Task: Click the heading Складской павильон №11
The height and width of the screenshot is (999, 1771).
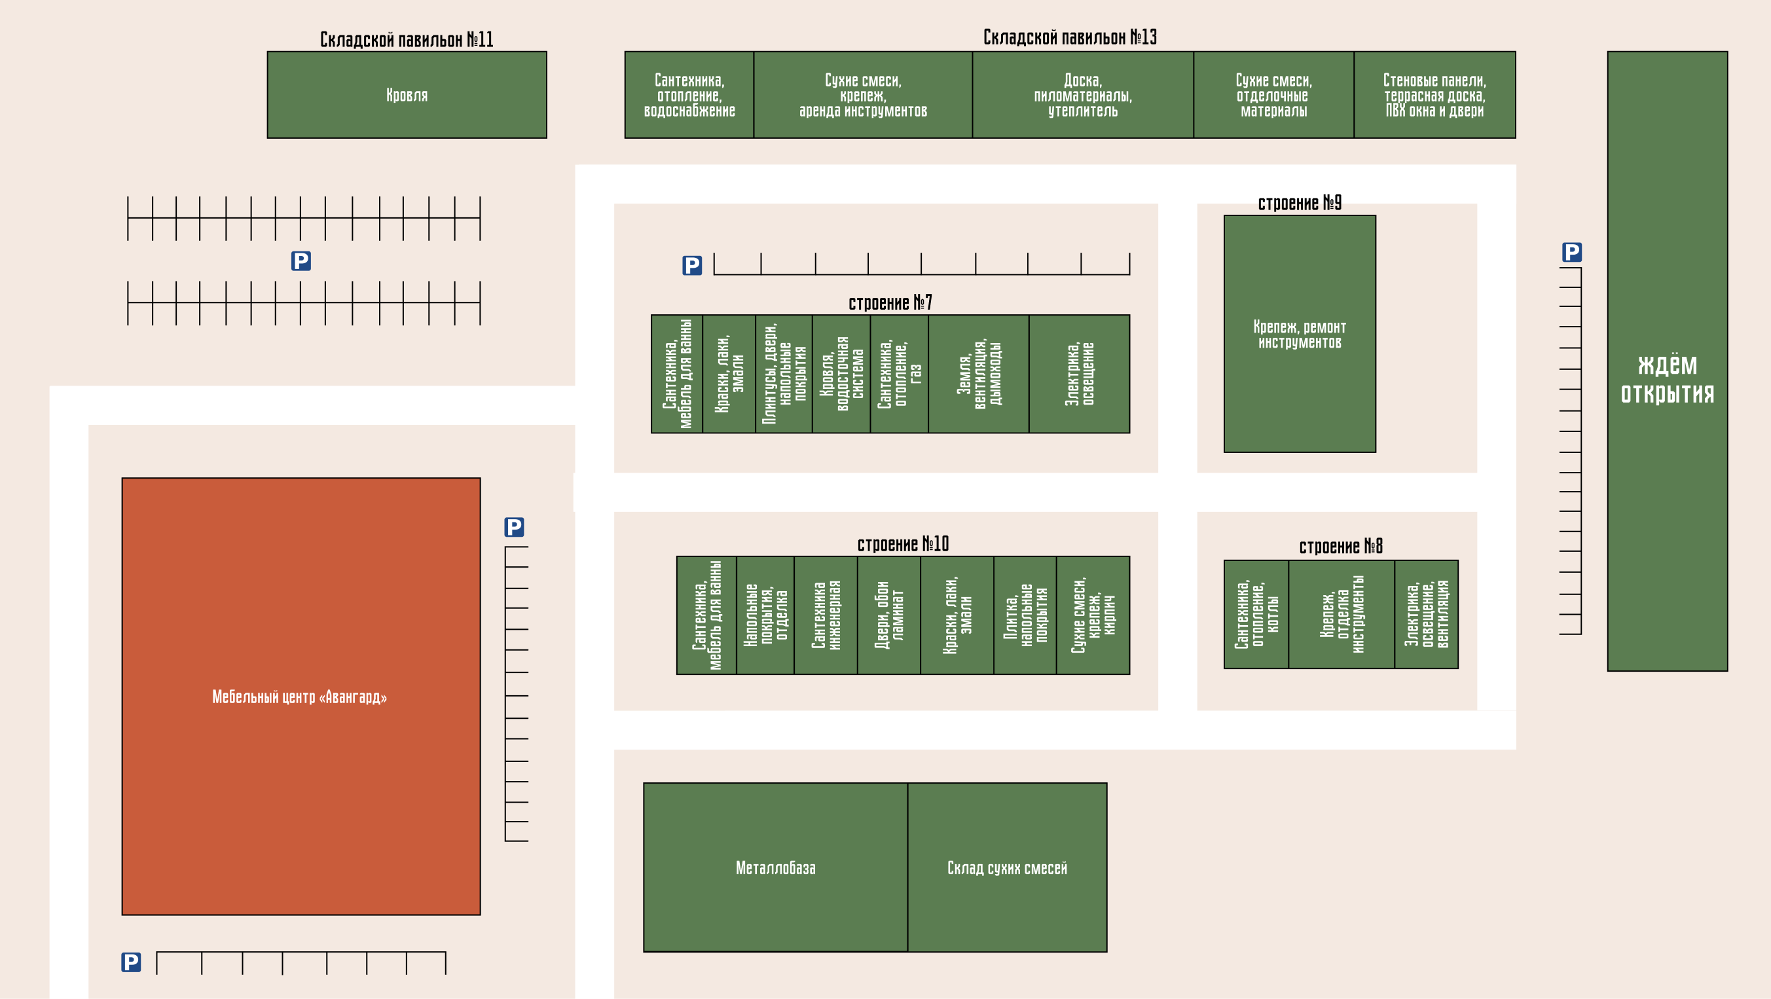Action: [x=407, y=40]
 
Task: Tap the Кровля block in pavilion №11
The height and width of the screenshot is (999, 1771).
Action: [x=407, y=95]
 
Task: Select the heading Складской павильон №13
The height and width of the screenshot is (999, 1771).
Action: [x=1070, y=37]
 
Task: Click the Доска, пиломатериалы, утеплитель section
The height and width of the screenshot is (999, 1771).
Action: [x=1083, y=95]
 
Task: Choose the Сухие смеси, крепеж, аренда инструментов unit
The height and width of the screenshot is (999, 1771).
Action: [x=863, y=95]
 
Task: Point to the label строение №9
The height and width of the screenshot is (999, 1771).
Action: [x=1300, y=204]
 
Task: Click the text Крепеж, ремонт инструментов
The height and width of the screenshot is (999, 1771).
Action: [x=1300, y=334]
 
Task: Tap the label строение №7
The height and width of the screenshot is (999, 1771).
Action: [x=890, y=302]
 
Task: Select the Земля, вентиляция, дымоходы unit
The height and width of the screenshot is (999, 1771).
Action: [x=978, y=374]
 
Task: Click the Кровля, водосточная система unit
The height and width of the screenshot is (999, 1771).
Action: [x=841, y=374]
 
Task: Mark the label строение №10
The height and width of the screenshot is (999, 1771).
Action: [x=903, y=545]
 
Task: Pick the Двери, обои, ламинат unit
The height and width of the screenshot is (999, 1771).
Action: [x=888, y=615]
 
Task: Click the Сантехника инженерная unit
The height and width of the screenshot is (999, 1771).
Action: [x=825, y=615]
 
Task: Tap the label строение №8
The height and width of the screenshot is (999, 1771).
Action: [x=1341, y=547]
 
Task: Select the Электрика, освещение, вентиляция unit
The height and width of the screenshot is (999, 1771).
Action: [x=1426, y=614]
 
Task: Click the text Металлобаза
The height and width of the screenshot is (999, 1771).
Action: [x=775, y=867]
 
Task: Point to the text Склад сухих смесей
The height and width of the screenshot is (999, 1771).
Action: [x=1007, y=867]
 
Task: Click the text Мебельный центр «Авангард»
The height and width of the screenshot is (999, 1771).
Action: [x=300, y=697]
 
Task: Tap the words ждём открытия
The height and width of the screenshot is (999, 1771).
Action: [x=1667, y=379]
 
